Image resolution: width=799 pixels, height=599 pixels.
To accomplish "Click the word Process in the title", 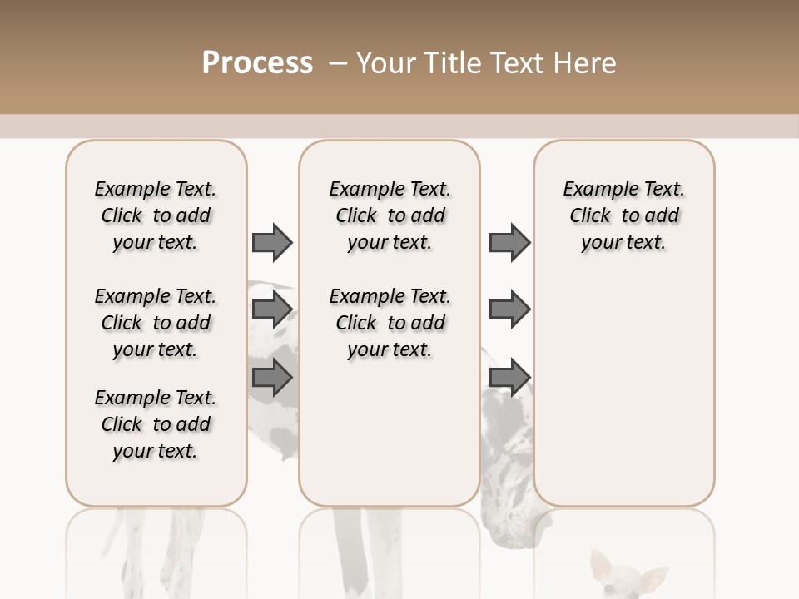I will (x=257, y=63).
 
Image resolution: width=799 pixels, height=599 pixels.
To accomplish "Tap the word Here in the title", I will (x=587, y=63).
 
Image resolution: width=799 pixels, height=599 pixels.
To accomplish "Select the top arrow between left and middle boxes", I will (x=272, y=242).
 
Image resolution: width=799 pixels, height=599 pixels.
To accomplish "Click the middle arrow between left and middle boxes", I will (x=272, y=309).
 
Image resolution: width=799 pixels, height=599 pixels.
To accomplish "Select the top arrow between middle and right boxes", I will (x=509, y=242).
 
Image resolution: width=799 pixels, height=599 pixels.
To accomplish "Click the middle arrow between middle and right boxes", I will (x=509, y=309).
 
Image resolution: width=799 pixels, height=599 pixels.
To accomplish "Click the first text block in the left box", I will (x=156, y=215).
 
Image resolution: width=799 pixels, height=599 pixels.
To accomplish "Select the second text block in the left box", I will (x=156, y=323).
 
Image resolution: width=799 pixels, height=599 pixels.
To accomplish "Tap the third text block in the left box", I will (x=156, y=424).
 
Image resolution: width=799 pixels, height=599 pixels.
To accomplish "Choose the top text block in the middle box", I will (x=390, y=215).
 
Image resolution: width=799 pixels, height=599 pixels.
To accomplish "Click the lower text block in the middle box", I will (x=390, y=323).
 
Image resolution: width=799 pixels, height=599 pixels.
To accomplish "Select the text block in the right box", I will (x=623, y=215).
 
